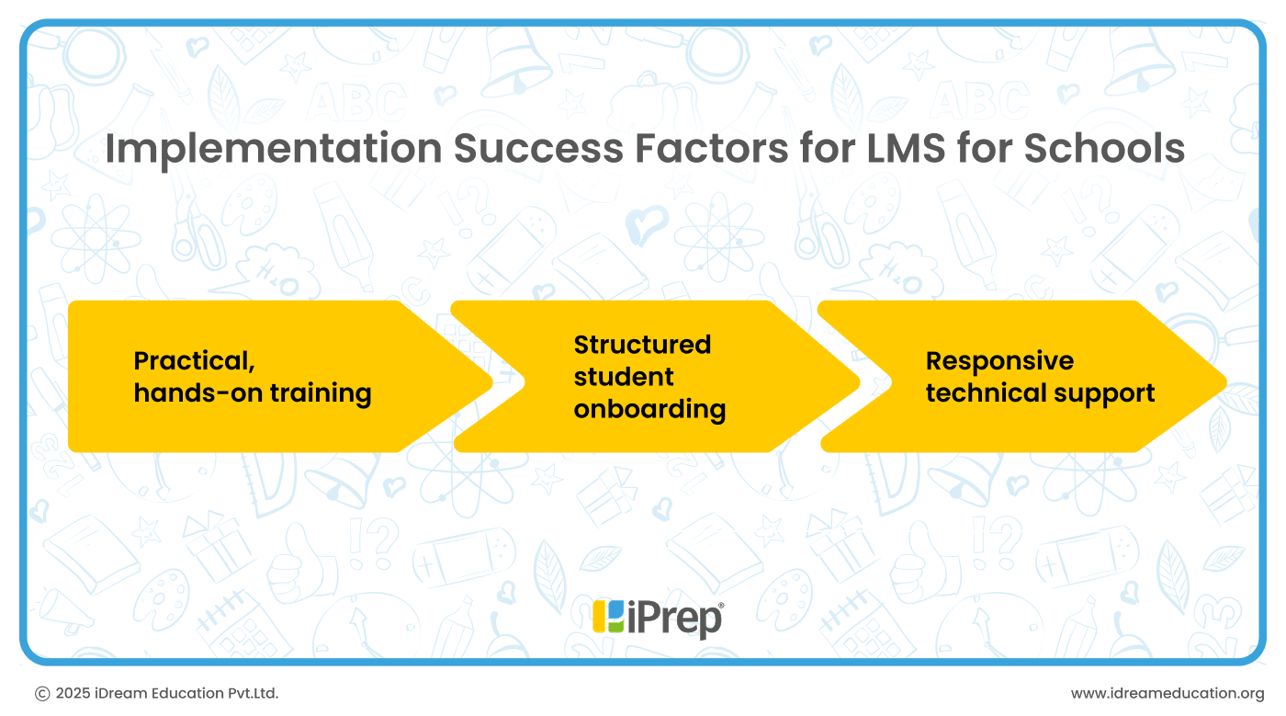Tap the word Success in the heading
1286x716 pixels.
pos(538,148)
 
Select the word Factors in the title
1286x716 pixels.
pos(711,148)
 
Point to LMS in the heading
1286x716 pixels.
pos(906,148)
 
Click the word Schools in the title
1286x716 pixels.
pos(1104,148)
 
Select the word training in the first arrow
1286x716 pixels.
pos(321,394)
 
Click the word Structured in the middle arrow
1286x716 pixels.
pos(642,345)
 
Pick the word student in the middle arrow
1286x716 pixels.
pos(624,377)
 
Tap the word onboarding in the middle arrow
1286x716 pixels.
pos(650,410)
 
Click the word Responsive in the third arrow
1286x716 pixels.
pos(999,362)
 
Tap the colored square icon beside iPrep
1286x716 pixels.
pos(608,617)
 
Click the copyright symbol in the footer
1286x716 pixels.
pos(42,694)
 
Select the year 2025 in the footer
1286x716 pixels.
pos(73,694)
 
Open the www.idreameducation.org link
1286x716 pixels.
pos(1168,694)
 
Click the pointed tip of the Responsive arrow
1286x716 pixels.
pos(1226,382)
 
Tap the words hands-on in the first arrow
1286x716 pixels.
pos(198,393)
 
